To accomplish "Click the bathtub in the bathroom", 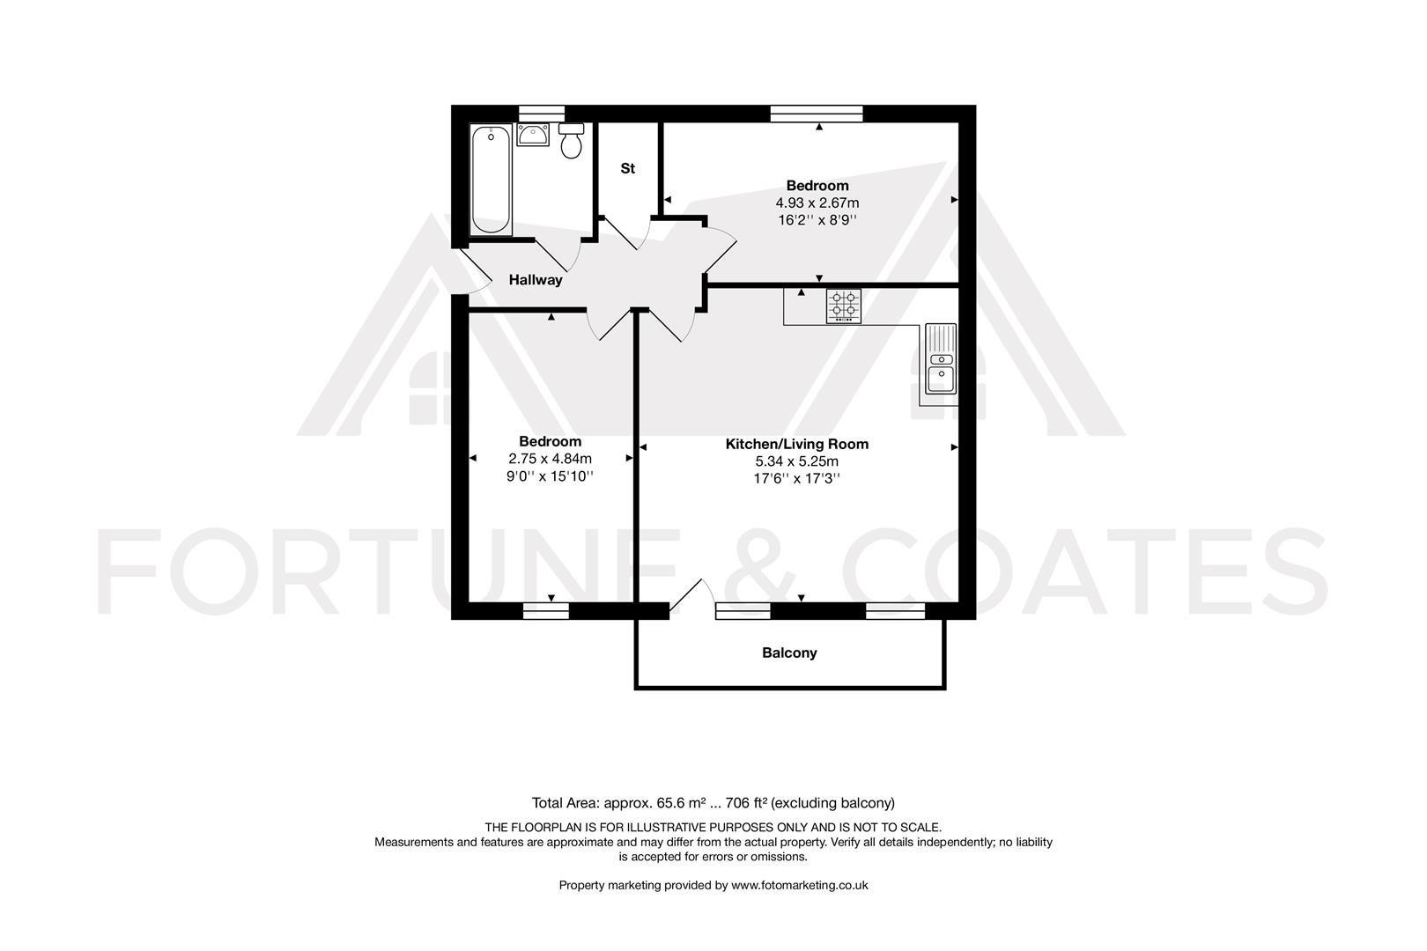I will [x=491, y=180].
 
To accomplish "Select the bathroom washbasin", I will [x=534, y=135].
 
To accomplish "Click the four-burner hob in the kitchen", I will [x=843, y=306].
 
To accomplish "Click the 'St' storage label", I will [x=628, y=168].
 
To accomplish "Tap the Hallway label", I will [x=536, y=280].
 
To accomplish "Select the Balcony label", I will [x=789, y=652].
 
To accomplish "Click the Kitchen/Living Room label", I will [x=796, y=444].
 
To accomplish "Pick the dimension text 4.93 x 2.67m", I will [x=810, y=203].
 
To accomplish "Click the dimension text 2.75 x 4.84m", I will [x=550, y=458].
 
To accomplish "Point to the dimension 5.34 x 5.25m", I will [x=796, y=461].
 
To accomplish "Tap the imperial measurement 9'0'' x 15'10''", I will [x=550, y=475].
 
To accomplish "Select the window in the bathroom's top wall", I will [x=541, y=112].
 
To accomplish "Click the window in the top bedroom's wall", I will [x=816, y=112].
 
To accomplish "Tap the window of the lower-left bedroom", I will [x=545, y=610].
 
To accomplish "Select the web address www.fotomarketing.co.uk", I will [x=800, y=885].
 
